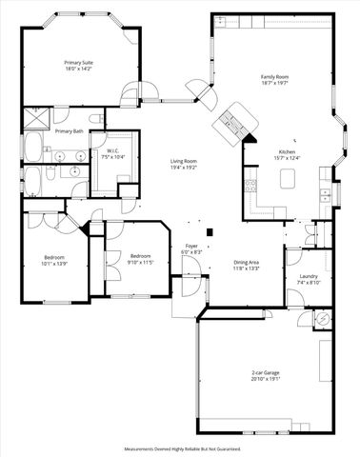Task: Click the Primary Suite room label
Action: click(x=79, y=62)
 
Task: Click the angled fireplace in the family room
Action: click(x=232, y=121)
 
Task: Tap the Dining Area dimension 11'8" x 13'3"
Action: click(x=247, y=268)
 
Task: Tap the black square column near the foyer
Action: click(x=212, y=228)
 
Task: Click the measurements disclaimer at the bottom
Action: click(x=181, y=447)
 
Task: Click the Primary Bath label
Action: click(x=69, y=131)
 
